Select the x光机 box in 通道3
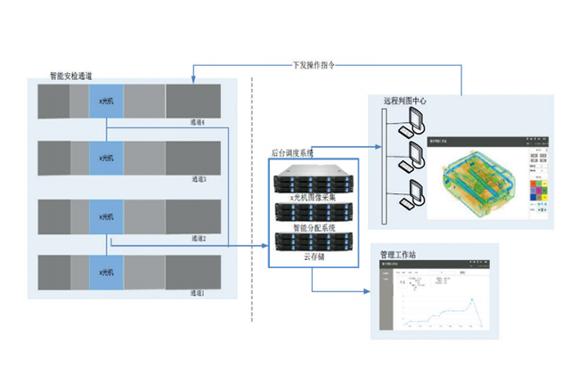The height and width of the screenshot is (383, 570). click(106, 158)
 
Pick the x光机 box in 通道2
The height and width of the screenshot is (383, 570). click(106, 216)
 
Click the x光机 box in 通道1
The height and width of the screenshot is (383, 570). click(106, 271)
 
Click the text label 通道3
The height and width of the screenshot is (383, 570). click(199, 179)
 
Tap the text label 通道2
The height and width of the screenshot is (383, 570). click(198, 238)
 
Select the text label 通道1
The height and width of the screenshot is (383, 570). click(198, 292)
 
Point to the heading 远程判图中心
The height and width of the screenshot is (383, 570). click(403, 101)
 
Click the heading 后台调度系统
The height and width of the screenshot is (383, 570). click(297, 153)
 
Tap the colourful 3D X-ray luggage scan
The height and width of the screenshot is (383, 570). click(479, 182)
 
